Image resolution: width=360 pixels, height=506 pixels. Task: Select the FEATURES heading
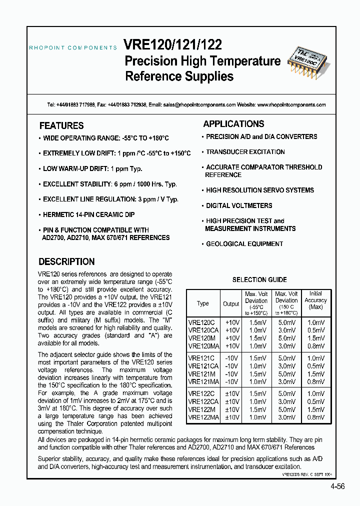(x=61, y=126)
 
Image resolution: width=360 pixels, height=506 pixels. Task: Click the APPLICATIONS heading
(x=233, y=124)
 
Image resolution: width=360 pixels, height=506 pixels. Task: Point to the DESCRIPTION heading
(x=66, y=261)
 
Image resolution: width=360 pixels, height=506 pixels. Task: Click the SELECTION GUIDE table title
(x=259, y=280)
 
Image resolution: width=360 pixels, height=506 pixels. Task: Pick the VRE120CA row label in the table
(x=203, y=330)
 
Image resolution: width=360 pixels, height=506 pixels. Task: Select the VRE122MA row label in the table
(x=203, y=416)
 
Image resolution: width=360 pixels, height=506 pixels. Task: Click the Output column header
(x=231, y=303)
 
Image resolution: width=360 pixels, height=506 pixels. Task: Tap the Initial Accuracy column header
(x=315, y=300)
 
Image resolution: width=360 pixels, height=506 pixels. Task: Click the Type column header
(x=203, y=303)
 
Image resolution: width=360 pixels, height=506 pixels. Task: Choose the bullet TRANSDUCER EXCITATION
(x=245, y=152)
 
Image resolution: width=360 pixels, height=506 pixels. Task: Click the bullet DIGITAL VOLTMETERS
(x=239, y=205)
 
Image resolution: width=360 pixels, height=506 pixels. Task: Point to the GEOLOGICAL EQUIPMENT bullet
(x=244, y=244)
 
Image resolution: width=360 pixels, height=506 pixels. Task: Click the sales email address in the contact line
(x=199, y=105)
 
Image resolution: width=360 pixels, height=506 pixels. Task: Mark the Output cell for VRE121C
(x=231, y=358)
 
